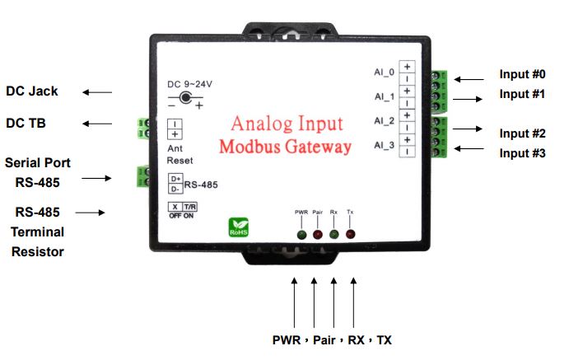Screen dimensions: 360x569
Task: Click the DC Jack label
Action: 31,91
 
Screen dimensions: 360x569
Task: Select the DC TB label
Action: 28,123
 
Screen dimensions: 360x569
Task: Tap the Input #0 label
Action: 522,74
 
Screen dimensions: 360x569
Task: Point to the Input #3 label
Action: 522,152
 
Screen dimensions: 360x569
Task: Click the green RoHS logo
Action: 238,226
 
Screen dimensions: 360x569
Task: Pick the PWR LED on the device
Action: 301,235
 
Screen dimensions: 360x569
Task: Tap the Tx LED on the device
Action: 351,235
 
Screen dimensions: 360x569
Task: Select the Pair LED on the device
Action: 317,235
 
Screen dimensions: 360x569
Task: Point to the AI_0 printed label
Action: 384,72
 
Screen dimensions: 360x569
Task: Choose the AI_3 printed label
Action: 384,146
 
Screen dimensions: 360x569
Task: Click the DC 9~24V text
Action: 190,84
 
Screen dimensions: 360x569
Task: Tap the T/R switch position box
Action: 189,206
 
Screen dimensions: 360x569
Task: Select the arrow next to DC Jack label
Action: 96,92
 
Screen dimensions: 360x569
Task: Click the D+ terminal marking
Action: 175,178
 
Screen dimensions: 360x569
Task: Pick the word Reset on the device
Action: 180,161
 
